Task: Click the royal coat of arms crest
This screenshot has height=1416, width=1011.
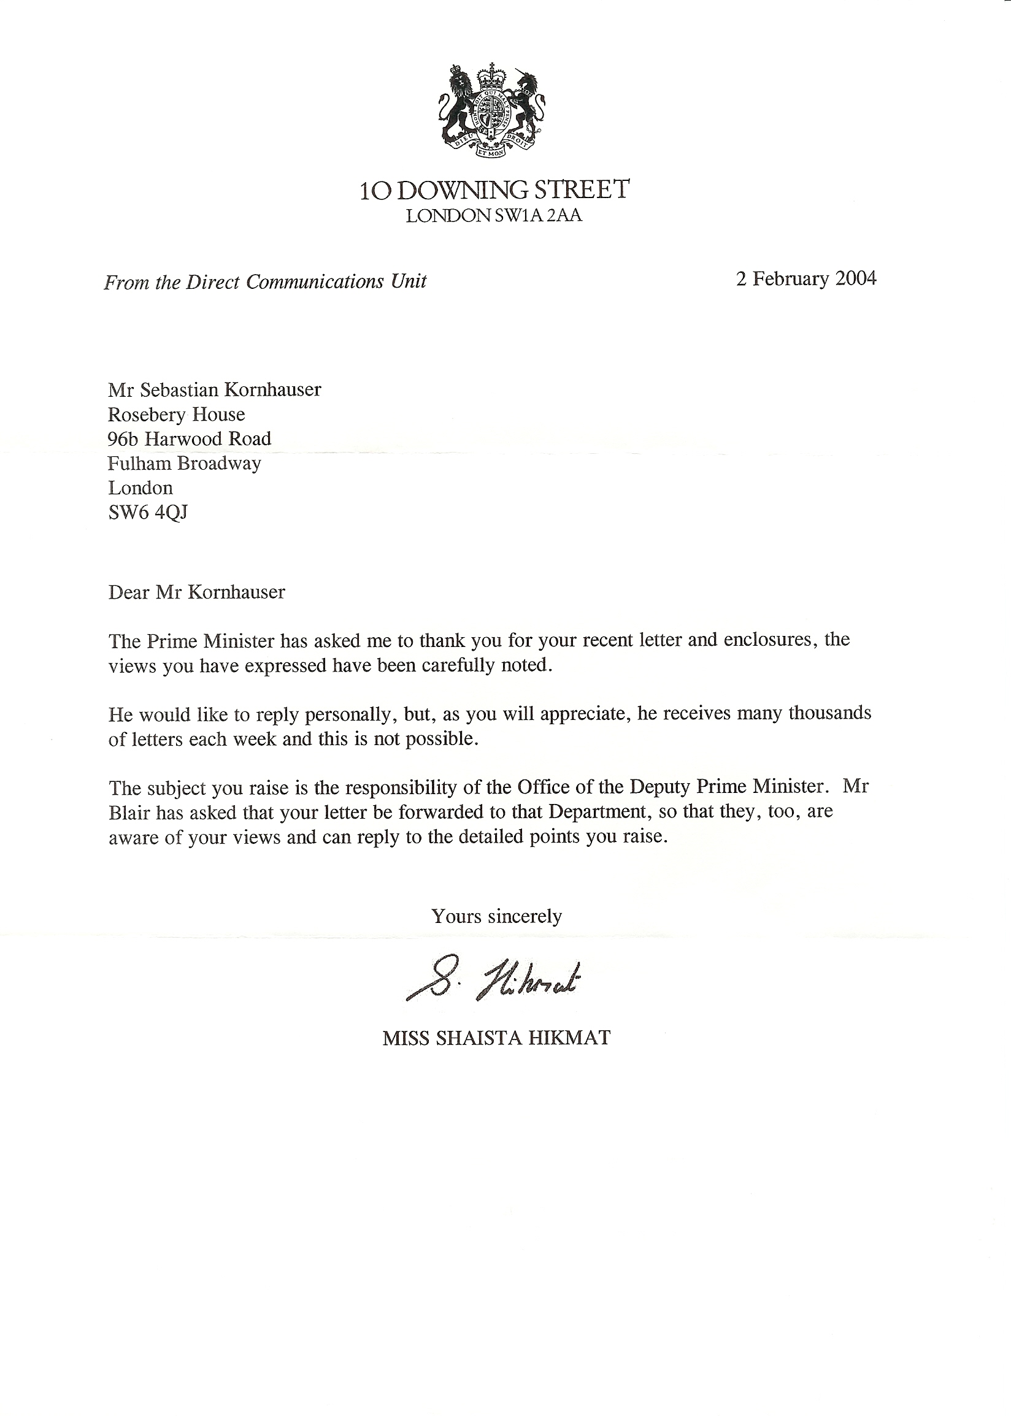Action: [492, 111]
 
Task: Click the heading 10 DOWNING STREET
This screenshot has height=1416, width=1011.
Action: [495, 189]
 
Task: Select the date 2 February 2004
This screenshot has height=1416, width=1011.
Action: [806, 278]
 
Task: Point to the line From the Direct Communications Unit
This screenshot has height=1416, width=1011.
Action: [265, 282]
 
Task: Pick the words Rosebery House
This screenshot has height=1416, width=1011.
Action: [176, 415]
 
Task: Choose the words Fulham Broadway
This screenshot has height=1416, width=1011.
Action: [184, 464]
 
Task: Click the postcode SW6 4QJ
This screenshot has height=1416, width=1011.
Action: [148, 512]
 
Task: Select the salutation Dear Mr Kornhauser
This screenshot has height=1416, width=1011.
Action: [197, 592]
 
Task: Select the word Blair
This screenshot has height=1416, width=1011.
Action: [129, 813]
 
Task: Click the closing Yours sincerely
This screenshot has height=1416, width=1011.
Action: [497, 916]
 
